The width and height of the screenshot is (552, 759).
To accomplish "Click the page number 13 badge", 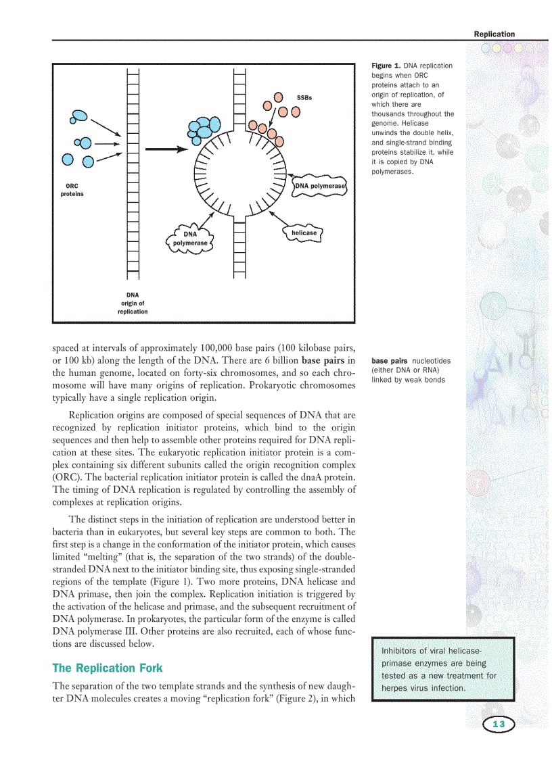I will coord(499,725).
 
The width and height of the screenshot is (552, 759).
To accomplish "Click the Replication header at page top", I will coord(494,34).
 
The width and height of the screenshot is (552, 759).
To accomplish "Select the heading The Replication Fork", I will coord(108,668).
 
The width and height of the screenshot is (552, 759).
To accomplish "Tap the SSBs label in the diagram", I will coord(304,98).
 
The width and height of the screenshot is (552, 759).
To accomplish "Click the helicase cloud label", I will coord(304,232).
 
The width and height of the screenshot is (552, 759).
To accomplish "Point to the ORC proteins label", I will coord(71,190).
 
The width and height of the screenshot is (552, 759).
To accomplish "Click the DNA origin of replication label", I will coord(133,303).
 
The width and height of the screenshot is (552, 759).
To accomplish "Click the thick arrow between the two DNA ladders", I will coord(166,150).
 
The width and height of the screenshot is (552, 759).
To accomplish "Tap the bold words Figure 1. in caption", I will coord(386,66).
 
